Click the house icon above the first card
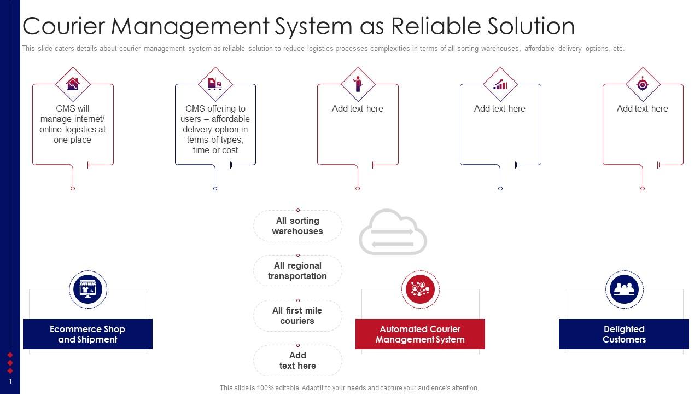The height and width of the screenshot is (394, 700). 73,84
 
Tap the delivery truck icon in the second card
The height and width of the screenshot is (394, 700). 215,84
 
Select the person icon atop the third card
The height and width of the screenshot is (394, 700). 358,84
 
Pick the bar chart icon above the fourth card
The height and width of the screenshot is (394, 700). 500,84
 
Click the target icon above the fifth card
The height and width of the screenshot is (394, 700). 643,84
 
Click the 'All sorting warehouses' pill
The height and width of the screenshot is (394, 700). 297,226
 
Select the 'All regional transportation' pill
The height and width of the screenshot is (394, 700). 297,271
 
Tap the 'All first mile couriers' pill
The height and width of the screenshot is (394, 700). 297,316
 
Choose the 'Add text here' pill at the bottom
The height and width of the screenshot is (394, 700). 297,361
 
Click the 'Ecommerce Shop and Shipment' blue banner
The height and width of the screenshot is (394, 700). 87,334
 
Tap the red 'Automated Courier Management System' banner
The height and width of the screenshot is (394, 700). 420,334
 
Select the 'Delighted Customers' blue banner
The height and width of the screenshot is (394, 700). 624,334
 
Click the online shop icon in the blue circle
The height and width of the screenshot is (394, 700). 87,289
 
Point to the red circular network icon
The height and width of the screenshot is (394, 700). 420,289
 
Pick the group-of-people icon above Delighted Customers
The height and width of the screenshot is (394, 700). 624,289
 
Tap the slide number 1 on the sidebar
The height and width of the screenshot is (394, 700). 10,381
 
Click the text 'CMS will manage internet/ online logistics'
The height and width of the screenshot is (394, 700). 72,124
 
